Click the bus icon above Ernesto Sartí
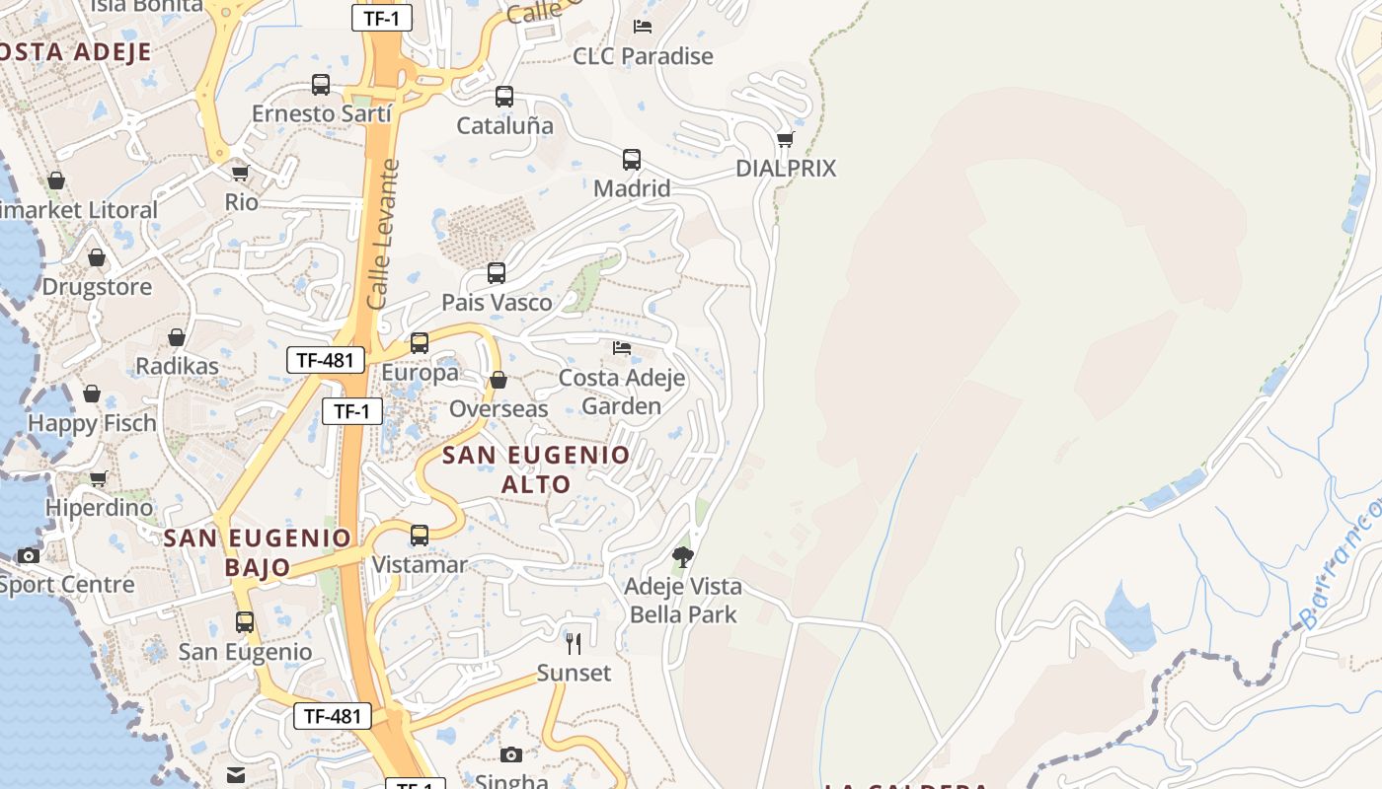tap(321, 85)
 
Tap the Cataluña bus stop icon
tap(504, 97)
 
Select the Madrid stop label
tap(632, 188)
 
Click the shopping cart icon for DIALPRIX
tap(786, 139)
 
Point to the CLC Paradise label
tap(643, 56)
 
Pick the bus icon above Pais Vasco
tap(497, 273)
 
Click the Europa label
tap(420, 373)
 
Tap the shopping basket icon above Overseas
tap(499, 380)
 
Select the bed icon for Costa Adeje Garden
tap(622, 348)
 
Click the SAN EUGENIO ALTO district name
tap(536, 469)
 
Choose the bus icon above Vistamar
tap(420, 536)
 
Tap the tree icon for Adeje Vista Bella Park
tap(682, 557)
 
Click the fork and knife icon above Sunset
tap(574, 644)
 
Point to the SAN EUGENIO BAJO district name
tap(257, 552)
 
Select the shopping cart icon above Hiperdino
tap(99, 479)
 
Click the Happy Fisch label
tap(92, 423)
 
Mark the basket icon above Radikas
tap(177, 337)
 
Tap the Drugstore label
tap(97, 287)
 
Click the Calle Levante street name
tap(382, 235)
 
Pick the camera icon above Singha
tap(511, 754)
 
